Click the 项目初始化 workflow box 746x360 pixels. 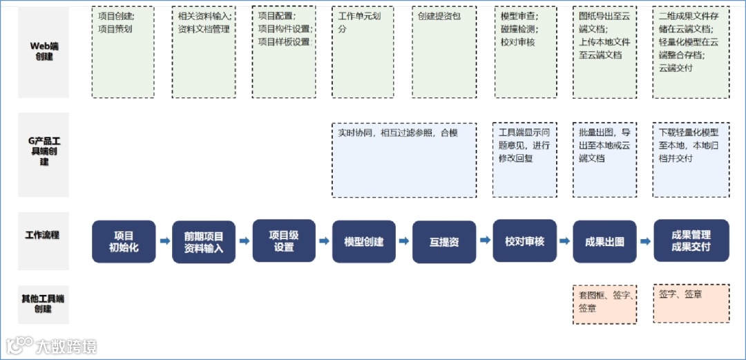click(x=124, y=241)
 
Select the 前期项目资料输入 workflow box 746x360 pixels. click(x=204, y=242)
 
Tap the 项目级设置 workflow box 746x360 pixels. click(x=284, y=240)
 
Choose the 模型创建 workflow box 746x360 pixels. click(x=364, y=242)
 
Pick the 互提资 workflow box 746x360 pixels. click(x=444, y=242)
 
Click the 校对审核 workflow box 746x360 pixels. click(x=524, y=241)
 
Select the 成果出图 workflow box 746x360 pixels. click(x=604, y=242)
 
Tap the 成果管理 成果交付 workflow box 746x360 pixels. click(x=691, y=240)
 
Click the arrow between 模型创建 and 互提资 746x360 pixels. click(x=404, y=242)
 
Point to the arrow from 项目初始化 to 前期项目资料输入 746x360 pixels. click(x=164, y=241)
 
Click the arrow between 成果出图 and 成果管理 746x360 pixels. click(x=644, y=242)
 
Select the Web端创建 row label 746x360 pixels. click(x=44, y=51)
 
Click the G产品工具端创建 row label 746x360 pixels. click(x=44, y=151)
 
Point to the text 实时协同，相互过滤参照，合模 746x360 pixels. click(x=397, y=133)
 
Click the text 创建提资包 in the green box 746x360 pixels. click(x=439, y=16)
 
